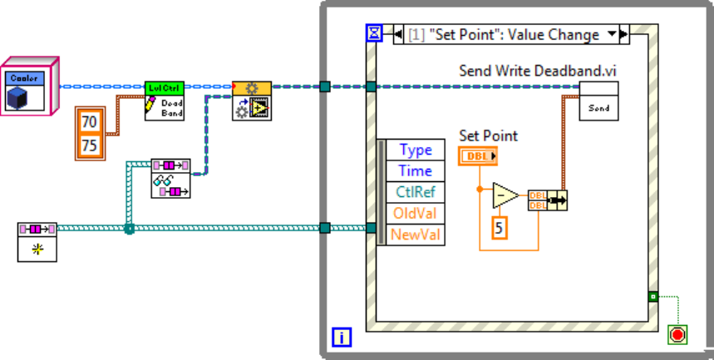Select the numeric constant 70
pos(88,121)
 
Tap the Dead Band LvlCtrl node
pos(164,101)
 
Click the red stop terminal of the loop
pos(677,333)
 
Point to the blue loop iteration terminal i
pos(342,337)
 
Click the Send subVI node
pos(598,101)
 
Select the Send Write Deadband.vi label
pos(539,71)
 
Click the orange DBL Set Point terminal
pos(478,155)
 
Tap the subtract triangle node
pos(505,195)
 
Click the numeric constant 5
pos(500,226)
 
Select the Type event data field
pos(416,150)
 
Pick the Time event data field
pos(416,170)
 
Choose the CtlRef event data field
pos(416,192)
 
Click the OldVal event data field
pos(416,214)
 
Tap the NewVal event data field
pos(416,234)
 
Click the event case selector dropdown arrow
pos(613,34)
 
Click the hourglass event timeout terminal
pos(374,32)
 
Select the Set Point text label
pos(488,136)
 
